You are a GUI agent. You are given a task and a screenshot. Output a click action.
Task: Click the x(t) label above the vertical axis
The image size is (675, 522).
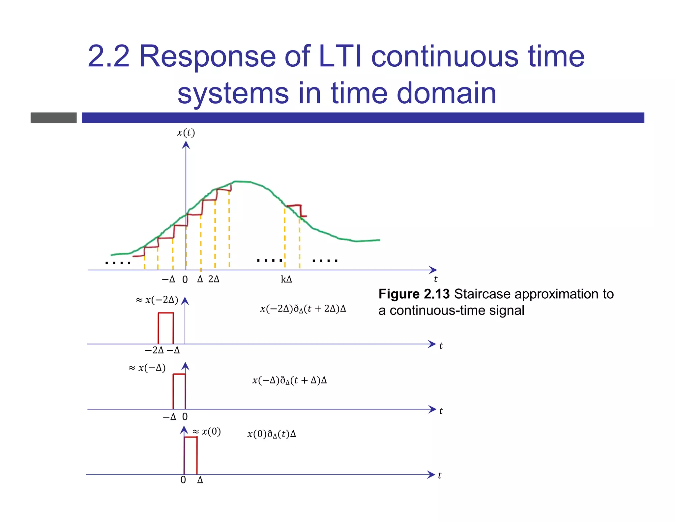coord(186,133)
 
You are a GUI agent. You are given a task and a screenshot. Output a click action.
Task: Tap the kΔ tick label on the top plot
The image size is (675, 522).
coord(286,279)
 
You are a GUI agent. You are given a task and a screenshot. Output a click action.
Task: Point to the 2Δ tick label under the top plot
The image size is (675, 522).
coord(214,279)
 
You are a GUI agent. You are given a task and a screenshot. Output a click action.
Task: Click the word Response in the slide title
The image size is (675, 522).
coord(207,56)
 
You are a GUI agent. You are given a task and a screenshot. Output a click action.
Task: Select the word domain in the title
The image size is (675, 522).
coord(446,93)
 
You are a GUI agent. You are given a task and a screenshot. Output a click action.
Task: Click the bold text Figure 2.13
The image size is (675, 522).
coord(414,294)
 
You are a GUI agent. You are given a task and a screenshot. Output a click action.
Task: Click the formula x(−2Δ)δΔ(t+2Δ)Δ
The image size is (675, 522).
coord(303,309)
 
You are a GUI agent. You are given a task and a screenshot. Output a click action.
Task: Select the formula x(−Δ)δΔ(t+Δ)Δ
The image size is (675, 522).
coord(289,380)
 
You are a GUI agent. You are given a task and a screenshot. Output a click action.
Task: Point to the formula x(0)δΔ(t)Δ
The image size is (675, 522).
coord(271,434)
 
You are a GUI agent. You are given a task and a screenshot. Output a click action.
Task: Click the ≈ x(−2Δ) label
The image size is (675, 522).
coord(157,300)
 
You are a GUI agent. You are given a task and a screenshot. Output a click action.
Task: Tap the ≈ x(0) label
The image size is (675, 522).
coord(207,432)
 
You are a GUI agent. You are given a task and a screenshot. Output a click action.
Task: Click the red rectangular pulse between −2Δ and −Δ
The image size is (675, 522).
coord(165,328)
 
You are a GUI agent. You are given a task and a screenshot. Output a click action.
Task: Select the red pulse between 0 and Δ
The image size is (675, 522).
coord(191,455)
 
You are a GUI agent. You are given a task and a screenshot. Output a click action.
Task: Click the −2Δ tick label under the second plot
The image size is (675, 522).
coord(154,350)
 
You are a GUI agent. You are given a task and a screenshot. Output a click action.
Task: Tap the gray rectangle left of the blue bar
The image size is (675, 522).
coord(53,117)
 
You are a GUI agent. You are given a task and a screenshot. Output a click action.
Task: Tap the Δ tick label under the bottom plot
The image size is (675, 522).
coord(200,480)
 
